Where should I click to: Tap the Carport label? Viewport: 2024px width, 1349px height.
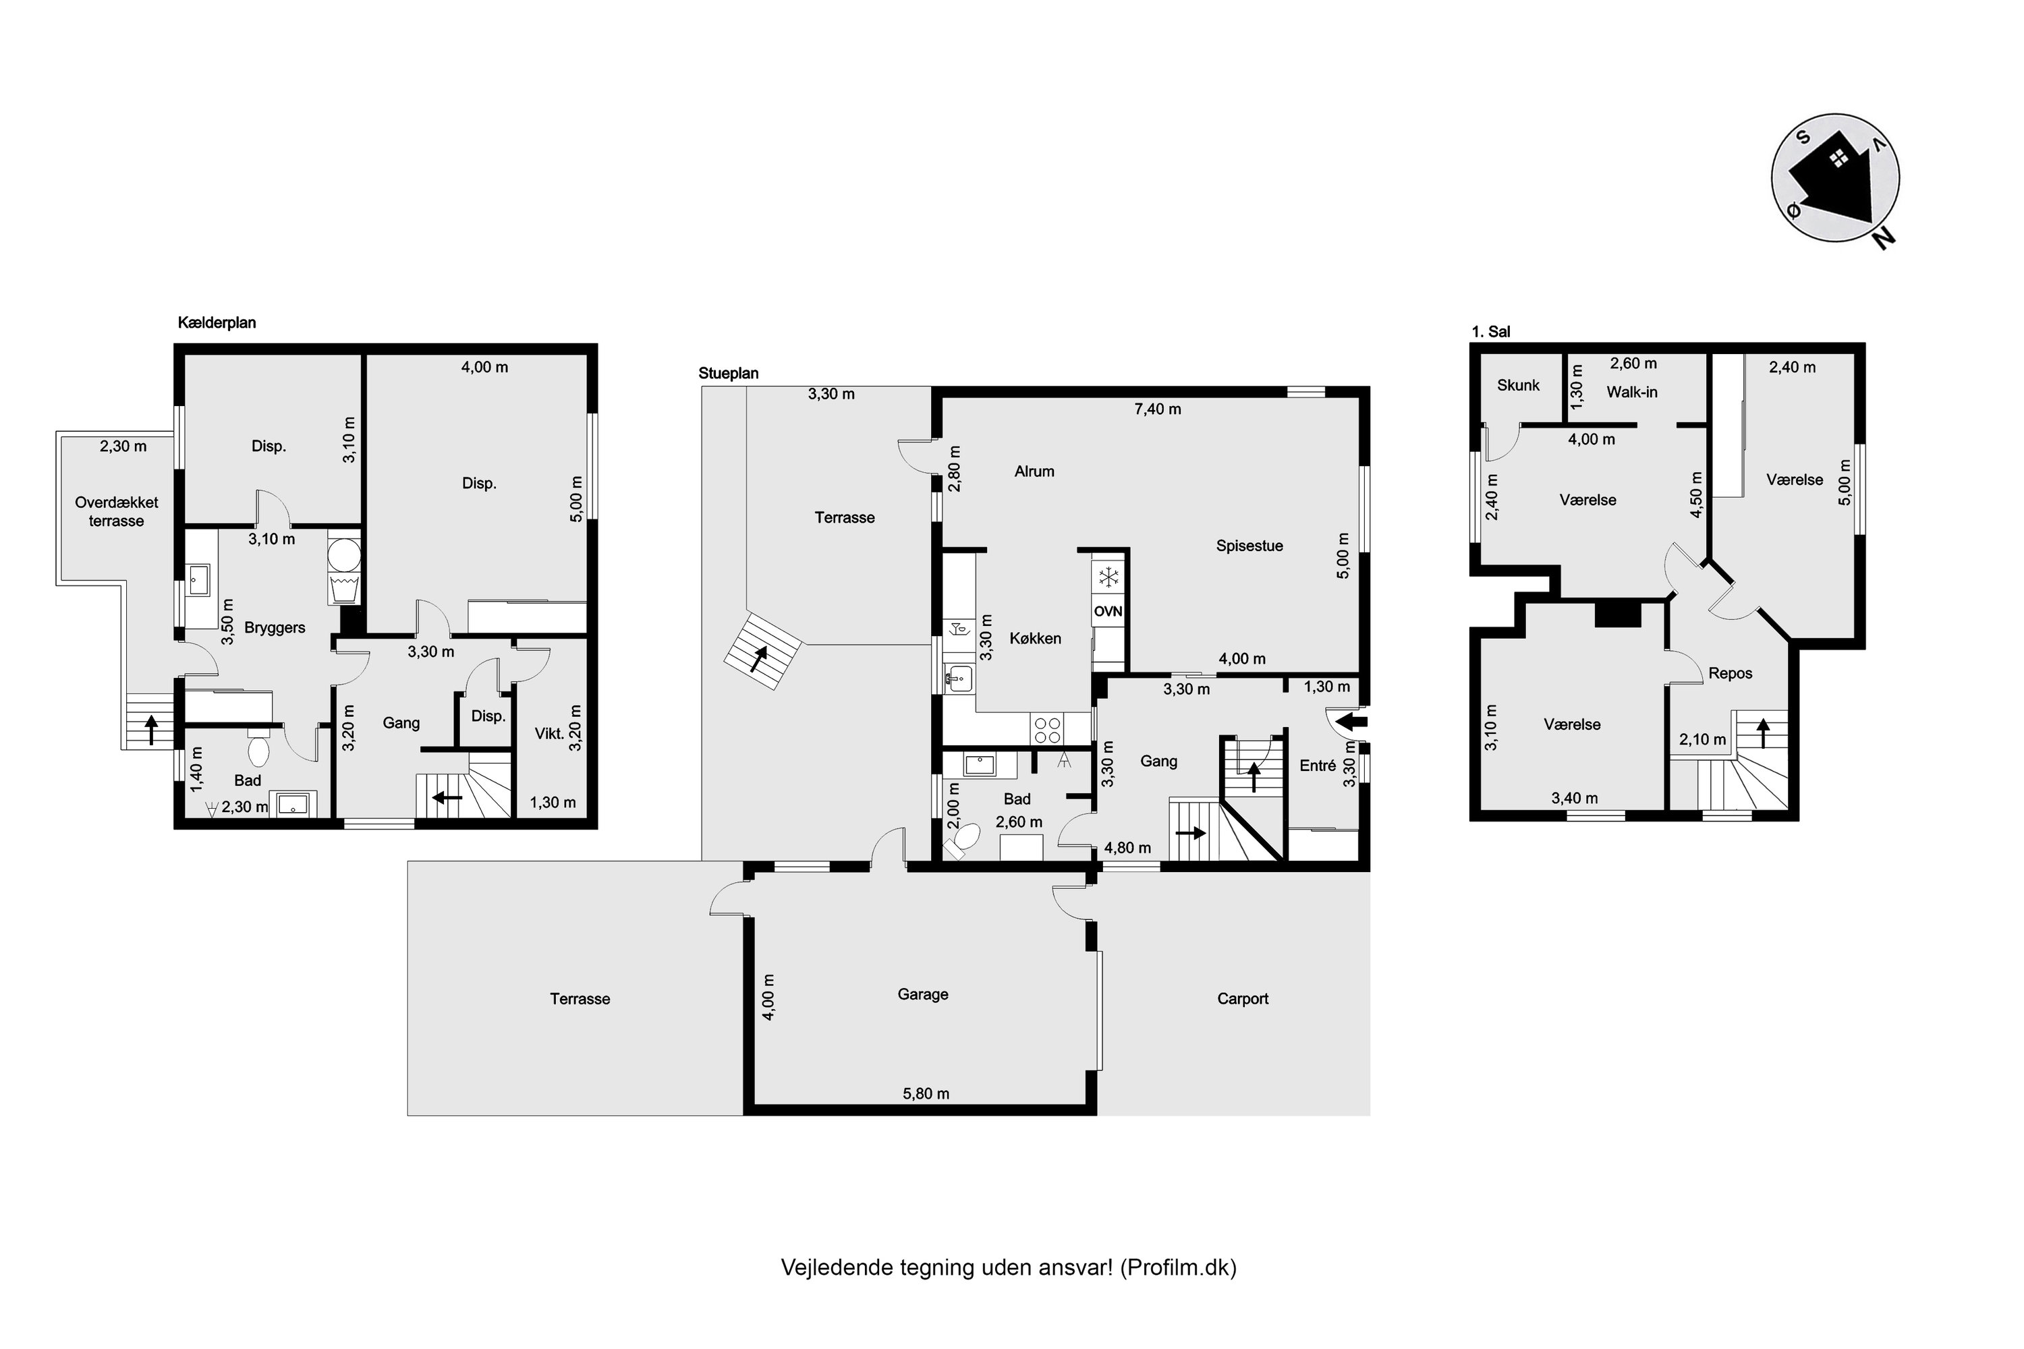click(x=1243, y=999)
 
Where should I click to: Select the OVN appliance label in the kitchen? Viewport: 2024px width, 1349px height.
click(x=1108, y=612)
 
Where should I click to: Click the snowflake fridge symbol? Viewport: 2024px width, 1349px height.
click(x=1109, y=577)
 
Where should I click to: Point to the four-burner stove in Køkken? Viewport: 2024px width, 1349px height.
click(x=1047, y=730)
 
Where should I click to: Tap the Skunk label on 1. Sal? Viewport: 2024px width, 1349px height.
click(x=1518, y=385)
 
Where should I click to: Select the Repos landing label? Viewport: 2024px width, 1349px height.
click(x=1731, y=674)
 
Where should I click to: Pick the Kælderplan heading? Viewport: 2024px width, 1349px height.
click(x=217, y=324)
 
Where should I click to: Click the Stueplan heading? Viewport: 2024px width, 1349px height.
click(x=728, y=374)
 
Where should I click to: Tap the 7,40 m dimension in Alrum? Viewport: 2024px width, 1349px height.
click(x=1158, y=409)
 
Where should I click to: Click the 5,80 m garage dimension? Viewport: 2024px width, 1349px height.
click(x=926, y=1094)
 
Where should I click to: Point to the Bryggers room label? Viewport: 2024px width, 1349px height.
click(x=275, y=628)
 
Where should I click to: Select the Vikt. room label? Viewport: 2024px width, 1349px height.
click(x=549, y=734)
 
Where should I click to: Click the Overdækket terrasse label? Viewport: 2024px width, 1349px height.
click(x=116, y=512)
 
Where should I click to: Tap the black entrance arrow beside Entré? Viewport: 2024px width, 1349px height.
click(x=1353, y=720)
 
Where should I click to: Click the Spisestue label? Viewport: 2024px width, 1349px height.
click(x=1249, y=546)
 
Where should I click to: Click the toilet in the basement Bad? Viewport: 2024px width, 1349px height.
click(x=258, y=749)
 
